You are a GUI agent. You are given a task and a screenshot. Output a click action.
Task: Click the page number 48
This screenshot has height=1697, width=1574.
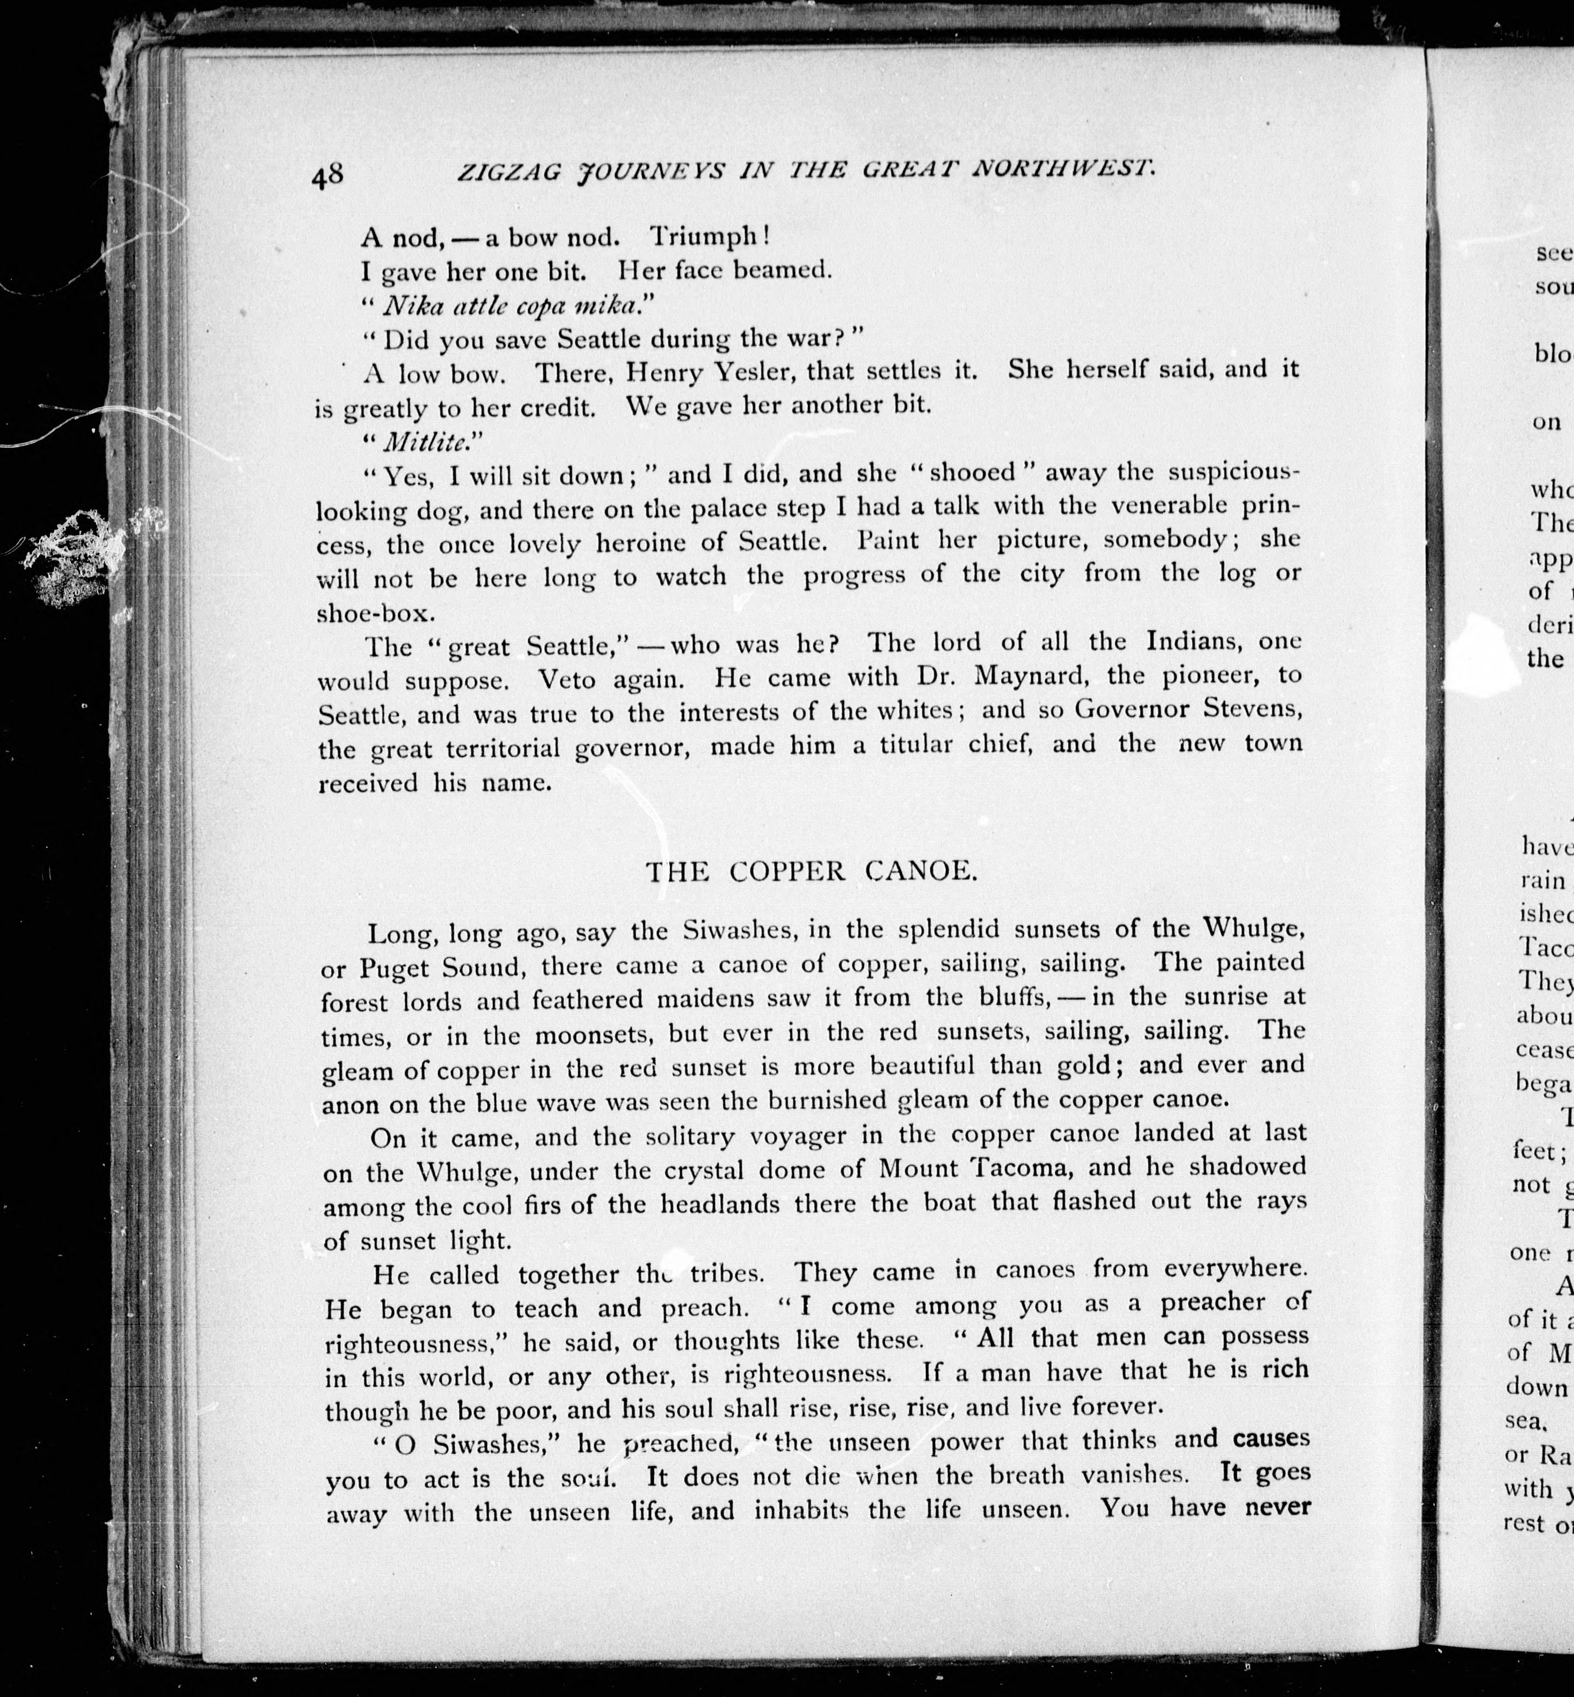(x=328, y=176)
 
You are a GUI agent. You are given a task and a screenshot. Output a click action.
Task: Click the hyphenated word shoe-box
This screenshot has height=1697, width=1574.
(x=376, y=613)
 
